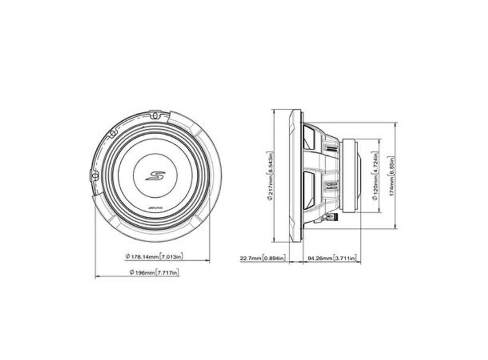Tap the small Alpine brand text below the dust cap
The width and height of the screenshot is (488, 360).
[x=155, y=209]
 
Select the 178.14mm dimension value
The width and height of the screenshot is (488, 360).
[x=142, y=257]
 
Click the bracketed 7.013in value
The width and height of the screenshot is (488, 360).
[x=172, y=257]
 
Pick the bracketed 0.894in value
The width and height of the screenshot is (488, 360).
[x=274, y=258]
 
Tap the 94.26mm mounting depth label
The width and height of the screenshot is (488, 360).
[x=320, y=258]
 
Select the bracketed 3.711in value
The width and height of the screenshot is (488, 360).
[x=345, y=258]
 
